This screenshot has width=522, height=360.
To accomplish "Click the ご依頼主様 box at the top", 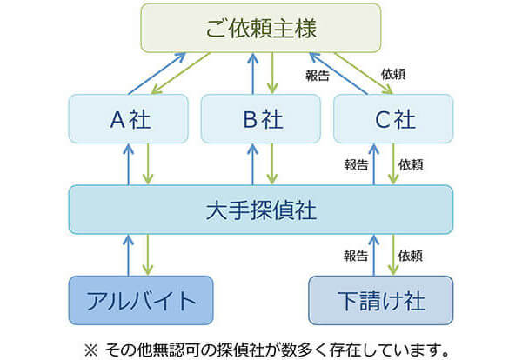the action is (261, 28).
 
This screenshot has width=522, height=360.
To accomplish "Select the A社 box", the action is (129, 119).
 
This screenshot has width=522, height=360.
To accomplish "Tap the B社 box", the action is (261, 119).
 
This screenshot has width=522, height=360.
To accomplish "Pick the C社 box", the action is (393, 119).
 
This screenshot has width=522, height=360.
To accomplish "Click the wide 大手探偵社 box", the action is (261, 210).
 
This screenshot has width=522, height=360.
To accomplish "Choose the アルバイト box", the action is (141, 300).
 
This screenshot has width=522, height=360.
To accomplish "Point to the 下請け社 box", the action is (381, 300).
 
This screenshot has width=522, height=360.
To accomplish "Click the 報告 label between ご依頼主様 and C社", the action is (318, 76).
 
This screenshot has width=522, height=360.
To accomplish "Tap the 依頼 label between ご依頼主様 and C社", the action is (393, 74).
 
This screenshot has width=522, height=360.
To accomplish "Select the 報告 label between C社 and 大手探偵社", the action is (356, 164).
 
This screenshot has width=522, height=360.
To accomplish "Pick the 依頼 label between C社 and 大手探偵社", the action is (411, 164).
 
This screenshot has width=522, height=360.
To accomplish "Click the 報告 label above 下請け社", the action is (356, 256).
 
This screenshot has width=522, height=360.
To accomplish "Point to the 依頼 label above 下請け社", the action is (410, 256).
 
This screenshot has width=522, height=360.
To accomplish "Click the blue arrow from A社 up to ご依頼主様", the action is (157, 74).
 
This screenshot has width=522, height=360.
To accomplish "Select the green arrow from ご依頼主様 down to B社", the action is (272, 73).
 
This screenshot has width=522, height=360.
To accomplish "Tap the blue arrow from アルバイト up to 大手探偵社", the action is (128, 255).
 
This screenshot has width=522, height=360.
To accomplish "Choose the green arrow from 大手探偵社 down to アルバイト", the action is (148, 255).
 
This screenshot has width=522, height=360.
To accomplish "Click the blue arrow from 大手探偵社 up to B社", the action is (252, 164).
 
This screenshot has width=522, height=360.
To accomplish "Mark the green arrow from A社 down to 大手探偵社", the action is (148, 164).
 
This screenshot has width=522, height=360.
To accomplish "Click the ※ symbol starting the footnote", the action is (90, 350).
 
